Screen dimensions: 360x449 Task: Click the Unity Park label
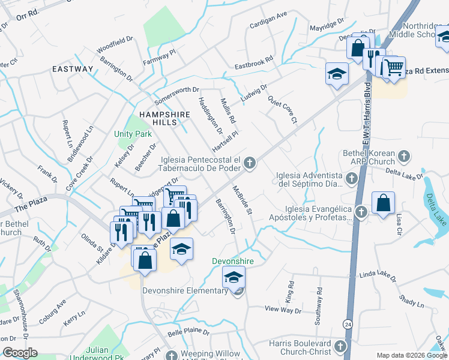[133, 134]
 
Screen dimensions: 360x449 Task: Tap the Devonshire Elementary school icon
[234, 278]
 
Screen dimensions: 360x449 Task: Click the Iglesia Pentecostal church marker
[250, 163]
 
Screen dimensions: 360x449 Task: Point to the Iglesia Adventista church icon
[352, 179]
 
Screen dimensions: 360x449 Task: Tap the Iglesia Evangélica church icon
[361, 212]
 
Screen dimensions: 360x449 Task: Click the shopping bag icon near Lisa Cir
[383, 203]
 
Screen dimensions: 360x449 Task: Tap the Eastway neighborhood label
[73, 69]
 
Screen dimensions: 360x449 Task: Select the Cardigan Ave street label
[269, 23]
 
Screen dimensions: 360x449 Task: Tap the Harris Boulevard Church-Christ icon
[340, 347]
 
